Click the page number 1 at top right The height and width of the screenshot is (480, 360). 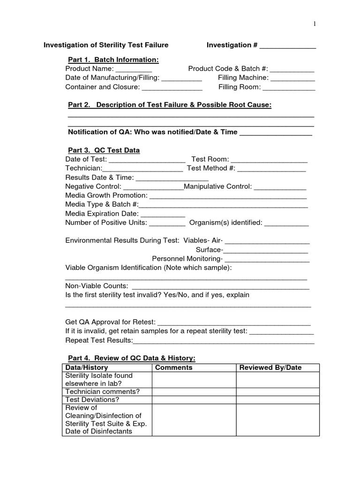click(x=315, y=24)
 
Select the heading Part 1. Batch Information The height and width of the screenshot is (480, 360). click(x=113, y=60)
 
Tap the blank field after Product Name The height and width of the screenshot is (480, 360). click(x=134, y=70)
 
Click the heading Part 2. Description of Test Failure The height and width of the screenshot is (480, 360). click(x=170, y=105)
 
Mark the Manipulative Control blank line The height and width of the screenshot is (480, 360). click(x=280, y=188)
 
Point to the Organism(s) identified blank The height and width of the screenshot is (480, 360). click(x=286, y=224)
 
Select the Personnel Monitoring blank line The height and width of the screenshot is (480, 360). click(x=267, y=260)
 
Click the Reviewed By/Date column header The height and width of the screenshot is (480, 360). click(x=270, y=367)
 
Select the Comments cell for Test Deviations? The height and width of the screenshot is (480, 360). click(x=194, y=400)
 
